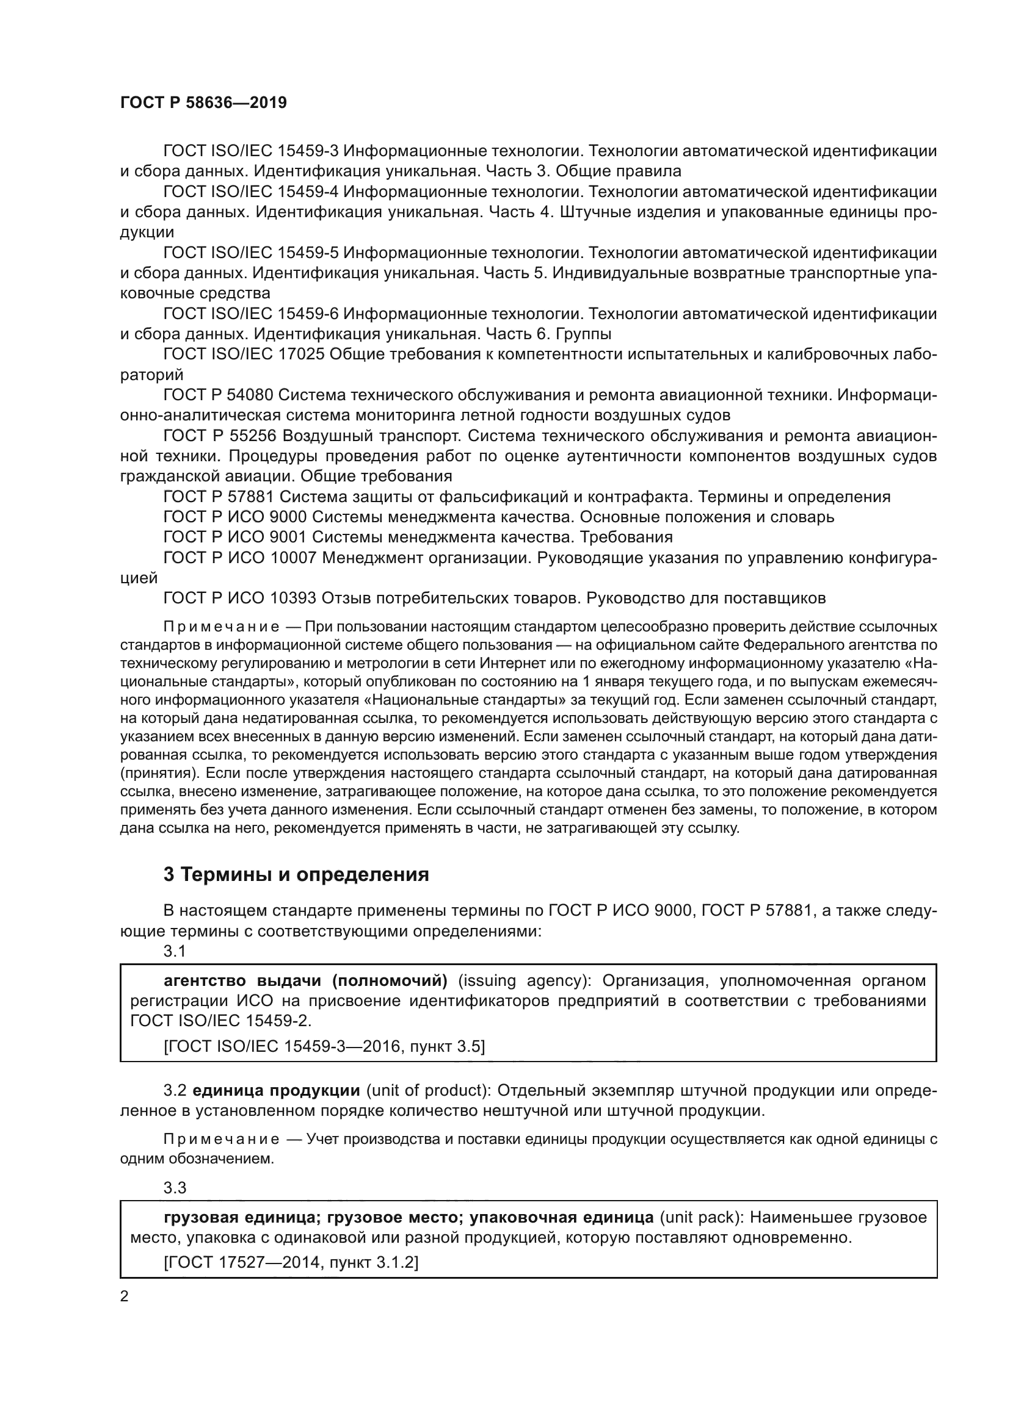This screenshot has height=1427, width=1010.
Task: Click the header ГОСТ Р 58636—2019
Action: [203, 103]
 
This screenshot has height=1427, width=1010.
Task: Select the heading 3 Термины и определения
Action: [296, 874]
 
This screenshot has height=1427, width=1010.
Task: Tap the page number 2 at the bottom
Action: [125, 1296]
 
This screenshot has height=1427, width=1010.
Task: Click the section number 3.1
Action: [175, 951]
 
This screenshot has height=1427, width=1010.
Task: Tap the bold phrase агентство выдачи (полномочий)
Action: [305, 982]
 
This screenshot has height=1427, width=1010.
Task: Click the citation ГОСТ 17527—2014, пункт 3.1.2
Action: [291, 1262]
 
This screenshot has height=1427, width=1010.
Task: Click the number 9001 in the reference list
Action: [288, 537]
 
